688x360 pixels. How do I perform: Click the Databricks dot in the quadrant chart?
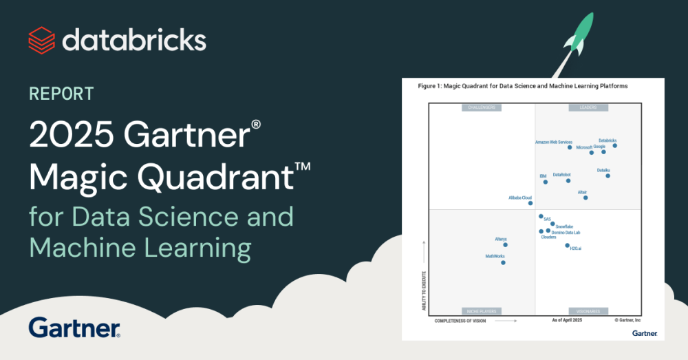(x=615, y=146)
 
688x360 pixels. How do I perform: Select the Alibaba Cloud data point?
(x=530, y=203)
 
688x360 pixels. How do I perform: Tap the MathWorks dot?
(x=503, y=262)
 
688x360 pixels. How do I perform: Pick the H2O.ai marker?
(x=568, y=245)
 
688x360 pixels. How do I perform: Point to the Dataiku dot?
(x=608, y=176)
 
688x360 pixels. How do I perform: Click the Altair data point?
(x=585, y=198)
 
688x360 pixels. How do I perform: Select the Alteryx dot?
(x=505, y=244)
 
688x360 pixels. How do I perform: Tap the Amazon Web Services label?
(x=554, y=142)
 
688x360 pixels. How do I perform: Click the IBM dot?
(x=546, y=182)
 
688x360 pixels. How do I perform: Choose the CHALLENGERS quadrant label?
(x=482, y=108)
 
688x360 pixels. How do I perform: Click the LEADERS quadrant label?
(x=588, y=108)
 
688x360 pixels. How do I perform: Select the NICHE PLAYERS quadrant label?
(x=482, y=311)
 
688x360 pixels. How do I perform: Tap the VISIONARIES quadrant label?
(x=588, y=311)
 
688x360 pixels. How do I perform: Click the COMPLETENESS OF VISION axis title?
(x=465, y=321)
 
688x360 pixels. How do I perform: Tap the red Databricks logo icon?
(x=41, y=40)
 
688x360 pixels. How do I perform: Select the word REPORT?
(x=61, y=94)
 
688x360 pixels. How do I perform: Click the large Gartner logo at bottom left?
(x=75, y=328)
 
